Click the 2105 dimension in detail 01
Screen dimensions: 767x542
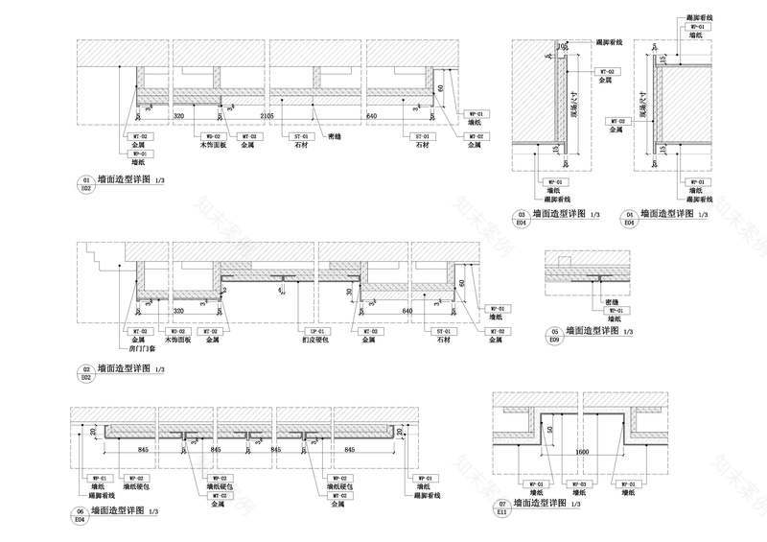point(267,116)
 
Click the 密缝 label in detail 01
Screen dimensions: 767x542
point(335,137)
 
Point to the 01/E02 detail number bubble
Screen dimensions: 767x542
point(85,183)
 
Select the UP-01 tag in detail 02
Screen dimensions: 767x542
point(304,330)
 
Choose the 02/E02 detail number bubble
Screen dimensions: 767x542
point(85,372)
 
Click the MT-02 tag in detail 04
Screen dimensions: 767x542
point(618,122)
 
